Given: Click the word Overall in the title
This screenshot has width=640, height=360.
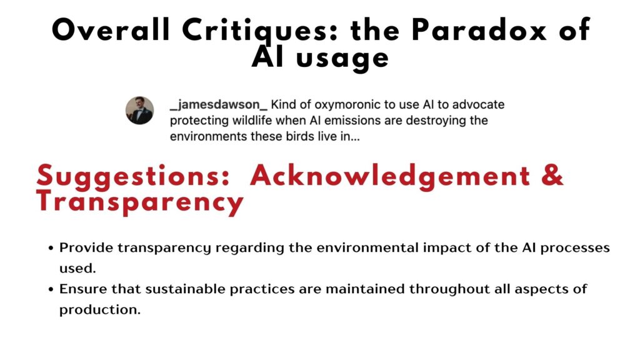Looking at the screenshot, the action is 111,30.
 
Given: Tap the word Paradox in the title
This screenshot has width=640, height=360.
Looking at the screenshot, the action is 479,30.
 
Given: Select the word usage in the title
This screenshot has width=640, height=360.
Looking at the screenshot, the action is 342,59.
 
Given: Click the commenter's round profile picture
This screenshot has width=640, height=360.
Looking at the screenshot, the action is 139,110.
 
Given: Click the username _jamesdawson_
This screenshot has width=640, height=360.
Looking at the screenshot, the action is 218,105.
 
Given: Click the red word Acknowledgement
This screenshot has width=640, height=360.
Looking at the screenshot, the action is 390,176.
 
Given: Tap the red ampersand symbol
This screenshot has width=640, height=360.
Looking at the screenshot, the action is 552,175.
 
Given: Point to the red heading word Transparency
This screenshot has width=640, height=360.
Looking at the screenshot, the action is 140,202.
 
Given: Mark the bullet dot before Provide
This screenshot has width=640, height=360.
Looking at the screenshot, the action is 51,248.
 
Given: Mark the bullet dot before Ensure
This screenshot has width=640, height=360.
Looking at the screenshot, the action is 51,289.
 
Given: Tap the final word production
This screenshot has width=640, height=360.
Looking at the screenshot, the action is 100,310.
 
